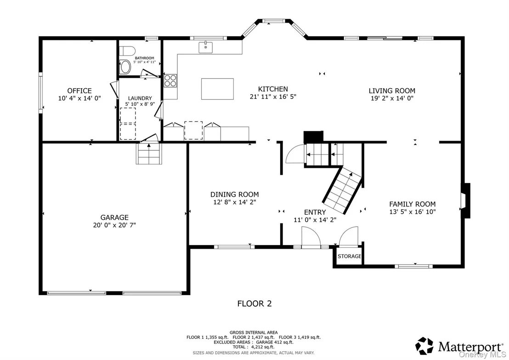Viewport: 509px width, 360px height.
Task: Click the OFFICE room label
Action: tap(79, 91)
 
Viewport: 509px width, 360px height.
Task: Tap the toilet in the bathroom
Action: tap(127, 51)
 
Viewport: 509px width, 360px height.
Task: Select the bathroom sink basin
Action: tap(125, 67)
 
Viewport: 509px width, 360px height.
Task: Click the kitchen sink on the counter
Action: tap(205, 47)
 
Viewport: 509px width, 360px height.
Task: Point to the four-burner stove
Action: tap(170, 80)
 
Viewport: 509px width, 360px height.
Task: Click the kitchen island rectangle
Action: tap(217, 89)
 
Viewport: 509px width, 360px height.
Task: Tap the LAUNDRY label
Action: tap(140, 98)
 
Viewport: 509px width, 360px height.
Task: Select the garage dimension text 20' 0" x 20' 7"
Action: tap(114, 225)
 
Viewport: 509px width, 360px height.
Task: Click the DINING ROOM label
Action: tap(234, 194)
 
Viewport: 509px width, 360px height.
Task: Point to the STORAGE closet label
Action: tap(349, 256)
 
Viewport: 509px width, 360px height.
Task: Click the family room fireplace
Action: tap(465, 200)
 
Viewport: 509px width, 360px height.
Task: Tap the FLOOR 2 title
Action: tap(254, 303)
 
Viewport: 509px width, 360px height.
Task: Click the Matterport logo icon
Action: tap(424, 346)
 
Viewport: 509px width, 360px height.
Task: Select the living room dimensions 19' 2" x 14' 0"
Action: tap(392, 98)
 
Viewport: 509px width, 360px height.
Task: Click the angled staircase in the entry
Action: tap(342, 190)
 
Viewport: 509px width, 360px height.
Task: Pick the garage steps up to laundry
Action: tap(149, 154)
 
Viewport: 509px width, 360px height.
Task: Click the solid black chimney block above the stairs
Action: tap(314, 137)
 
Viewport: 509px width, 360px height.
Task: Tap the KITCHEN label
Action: tap(273, 89)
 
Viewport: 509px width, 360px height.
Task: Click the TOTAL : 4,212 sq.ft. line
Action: tap(254, 347)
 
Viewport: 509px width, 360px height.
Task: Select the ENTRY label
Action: tap(315, 212)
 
